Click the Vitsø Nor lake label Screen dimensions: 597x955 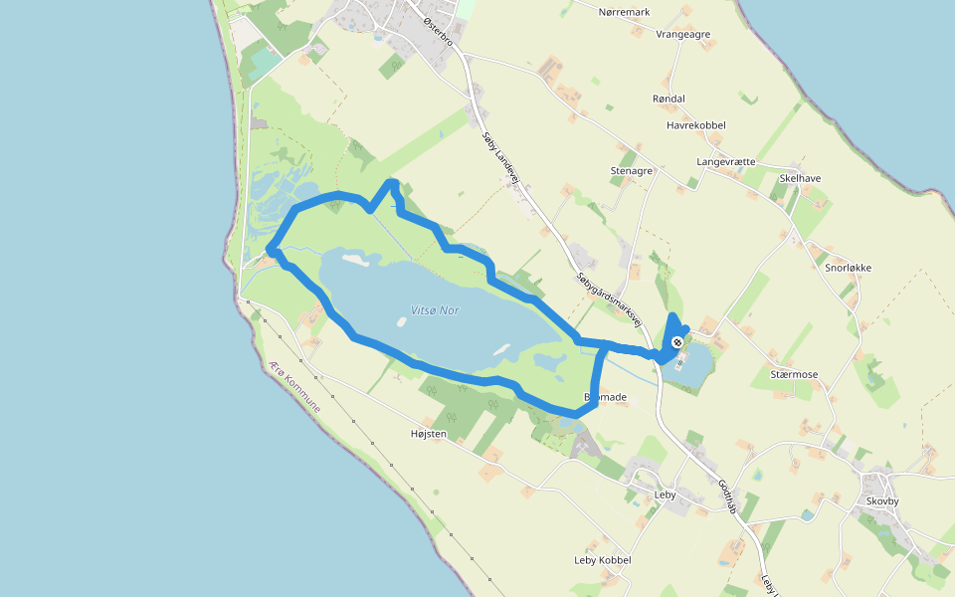(435, 310)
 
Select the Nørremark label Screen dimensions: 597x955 (624, 12)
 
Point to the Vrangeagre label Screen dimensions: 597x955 (683, 34)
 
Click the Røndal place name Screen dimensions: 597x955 (668, 99)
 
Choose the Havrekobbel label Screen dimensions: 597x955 (696, 125)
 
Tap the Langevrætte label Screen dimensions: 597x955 (726, 161)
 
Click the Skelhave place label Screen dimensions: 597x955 (801, 178)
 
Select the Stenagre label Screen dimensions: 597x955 (631, 171)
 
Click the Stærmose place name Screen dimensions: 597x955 (794, 374)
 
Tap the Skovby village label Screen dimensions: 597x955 (882, 501)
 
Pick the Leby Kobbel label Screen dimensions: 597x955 (603, 560)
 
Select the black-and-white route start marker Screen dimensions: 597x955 (677, 342)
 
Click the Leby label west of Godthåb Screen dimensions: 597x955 (666, 495)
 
